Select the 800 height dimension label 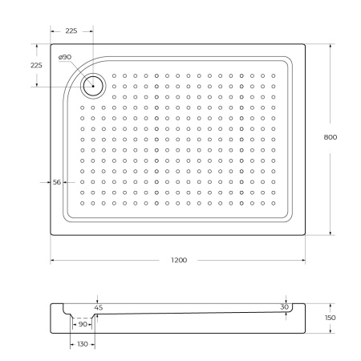[330, 137]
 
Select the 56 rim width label [57, 183]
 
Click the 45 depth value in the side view [99, 306]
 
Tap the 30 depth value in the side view [284, 306]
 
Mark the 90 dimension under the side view [83, 323]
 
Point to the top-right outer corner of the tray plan [304, 44]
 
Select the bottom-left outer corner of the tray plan [51, 235]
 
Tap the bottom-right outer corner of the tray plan [304, 235]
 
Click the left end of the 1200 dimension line [51, 262]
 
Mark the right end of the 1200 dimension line [304, 262]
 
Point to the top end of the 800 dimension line [331, 44]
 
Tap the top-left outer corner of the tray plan [51, 44]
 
